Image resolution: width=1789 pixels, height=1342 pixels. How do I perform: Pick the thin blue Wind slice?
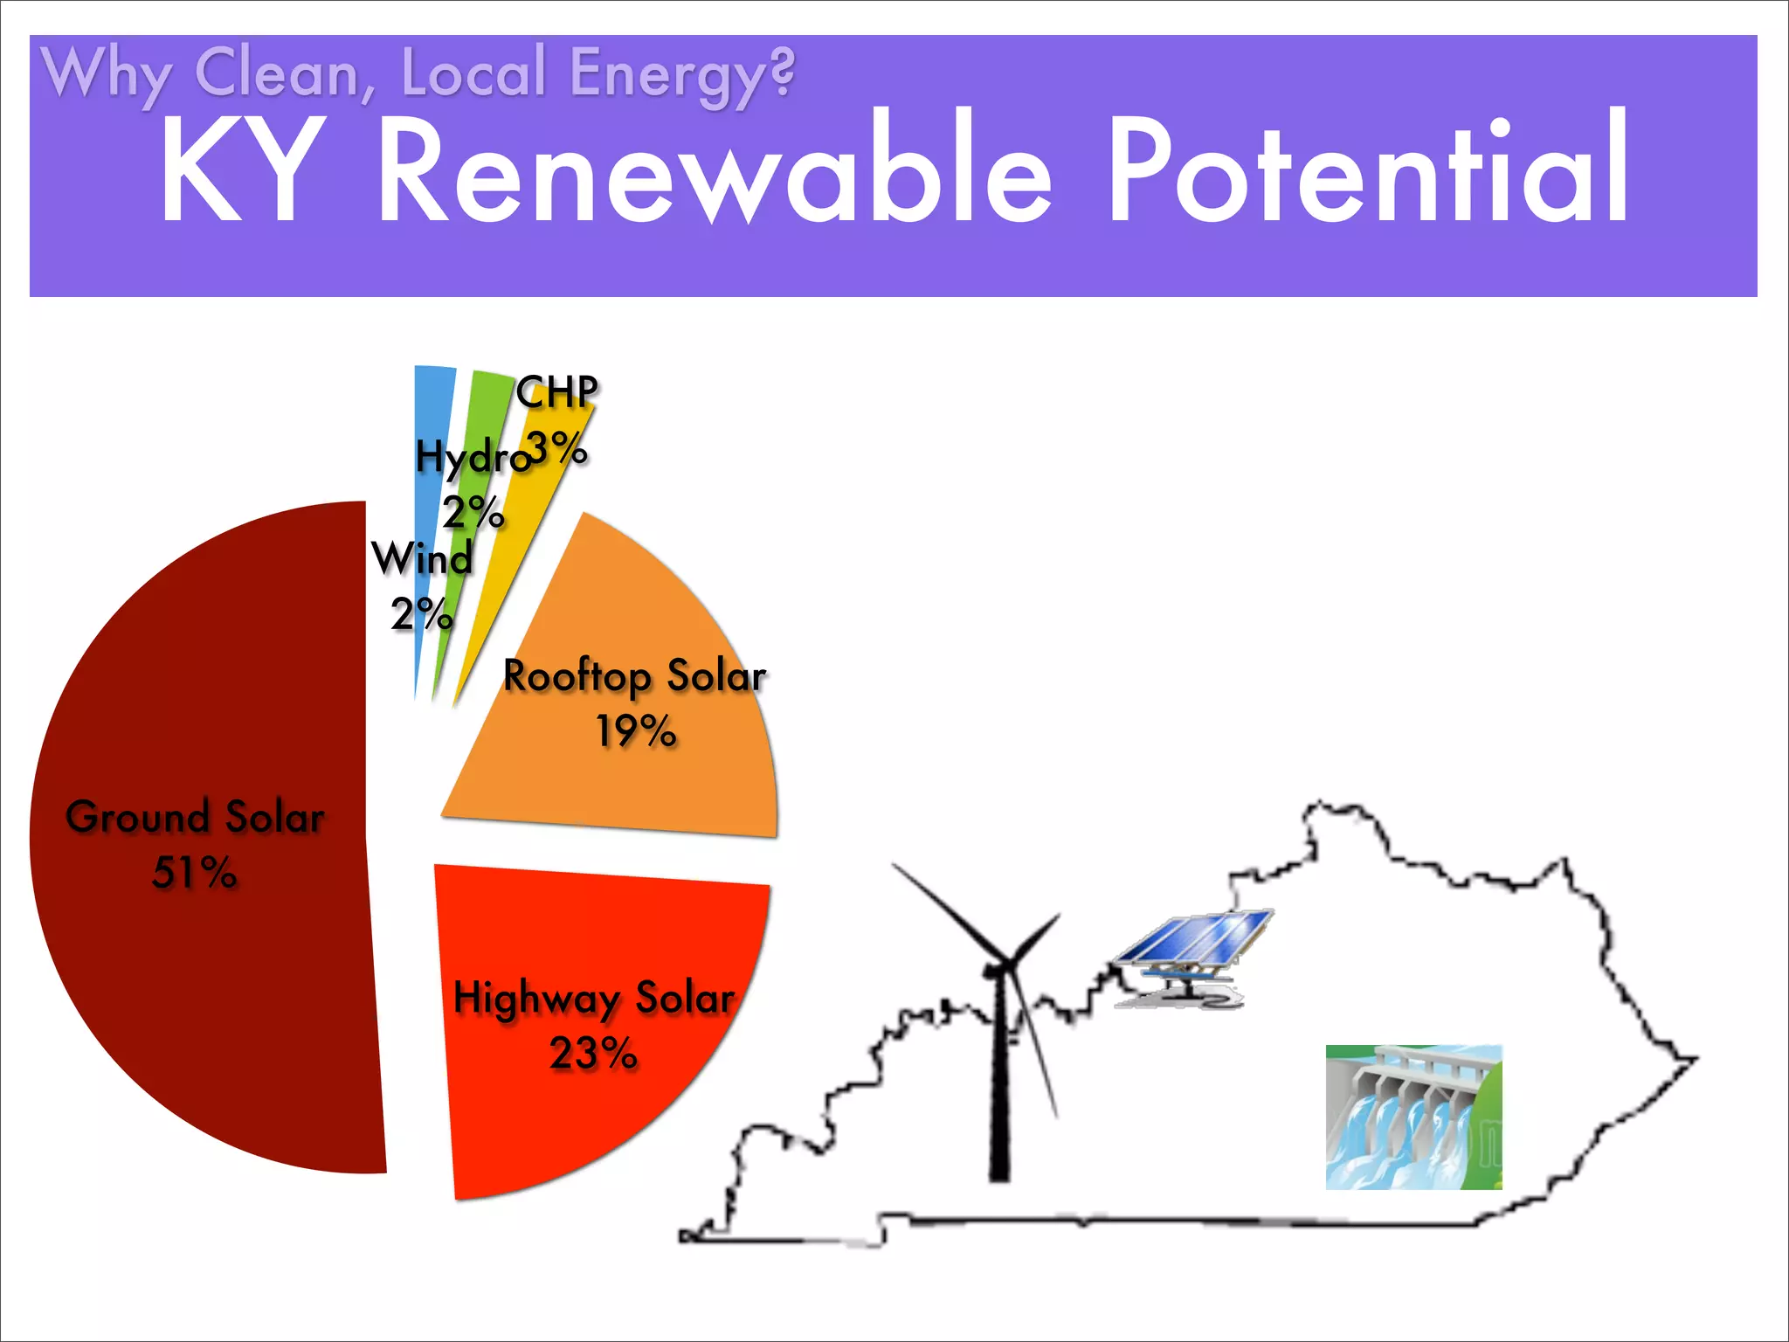point(429,411)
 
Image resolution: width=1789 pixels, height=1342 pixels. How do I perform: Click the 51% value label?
point(194,872)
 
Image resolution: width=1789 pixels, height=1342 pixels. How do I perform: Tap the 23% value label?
point(593,1053)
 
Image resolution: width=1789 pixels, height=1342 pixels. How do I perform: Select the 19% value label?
point(635,730)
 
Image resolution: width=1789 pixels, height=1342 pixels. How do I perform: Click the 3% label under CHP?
point(557,449)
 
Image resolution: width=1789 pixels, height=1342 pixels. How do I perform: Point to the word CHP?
point(556,391)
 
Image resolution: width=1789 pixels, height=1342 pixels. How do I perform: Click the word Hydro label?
point(472,457)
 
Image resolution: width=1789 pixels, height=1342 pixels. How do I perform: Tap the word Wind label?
point(422,558)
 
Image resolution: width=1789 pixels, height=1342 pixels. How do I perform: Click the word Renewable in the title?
point(715,170)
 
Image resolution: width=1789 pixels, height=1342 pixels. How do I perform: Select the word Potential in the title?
point(1367,170)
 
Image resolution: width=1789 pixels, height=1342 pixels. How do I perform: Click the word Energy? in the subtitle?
point(682,73)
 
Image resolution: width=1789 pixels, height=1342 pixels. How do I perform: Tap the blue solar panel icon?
point(1194,948)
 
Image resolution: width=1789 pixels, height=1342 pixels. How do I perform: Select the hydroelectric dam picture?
point(1413,1117)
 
